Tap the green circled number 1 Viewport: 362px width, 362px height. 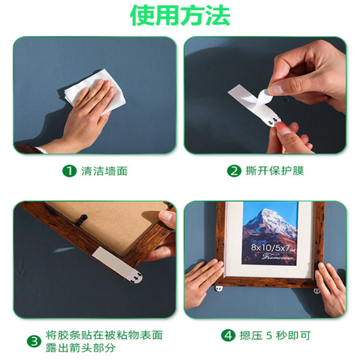pos(69,171)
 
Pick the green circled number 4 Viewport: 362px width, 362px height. pos(227,335)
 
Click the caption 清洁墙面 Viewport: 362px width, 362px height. pos(104,171)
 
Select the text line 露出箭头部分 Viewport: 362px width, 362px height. pos(80,348)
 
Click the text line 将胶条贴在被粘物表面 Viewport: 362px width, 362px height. pos(104,335)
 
